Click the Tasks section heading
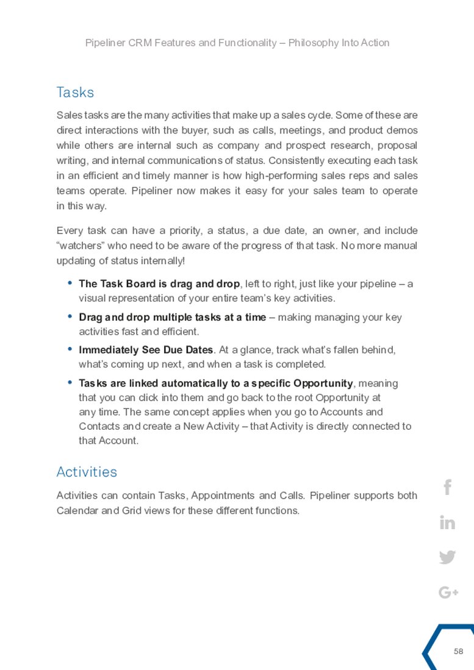point(75,93)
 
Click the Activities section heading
point(87,472)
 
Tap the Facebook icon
point(447,488)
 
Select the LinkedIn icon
point(447,523)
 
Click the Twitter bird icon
point(447,557)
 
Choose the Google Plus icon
point(448,592)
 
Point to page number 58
point(459,652)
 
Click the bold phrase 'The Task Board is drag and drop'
point(159,284)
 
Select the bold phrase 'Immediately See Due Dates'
point(146,350)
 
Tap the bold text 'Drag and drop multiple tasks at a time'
point(172,317)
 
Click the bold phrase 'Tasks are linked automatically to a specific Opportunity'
point(215,383)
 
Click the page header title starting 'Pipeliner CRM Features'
point(237,43)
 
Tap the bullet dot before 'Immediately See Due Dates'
point(70,349)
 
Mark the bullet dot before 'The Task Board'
point(70,283)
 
